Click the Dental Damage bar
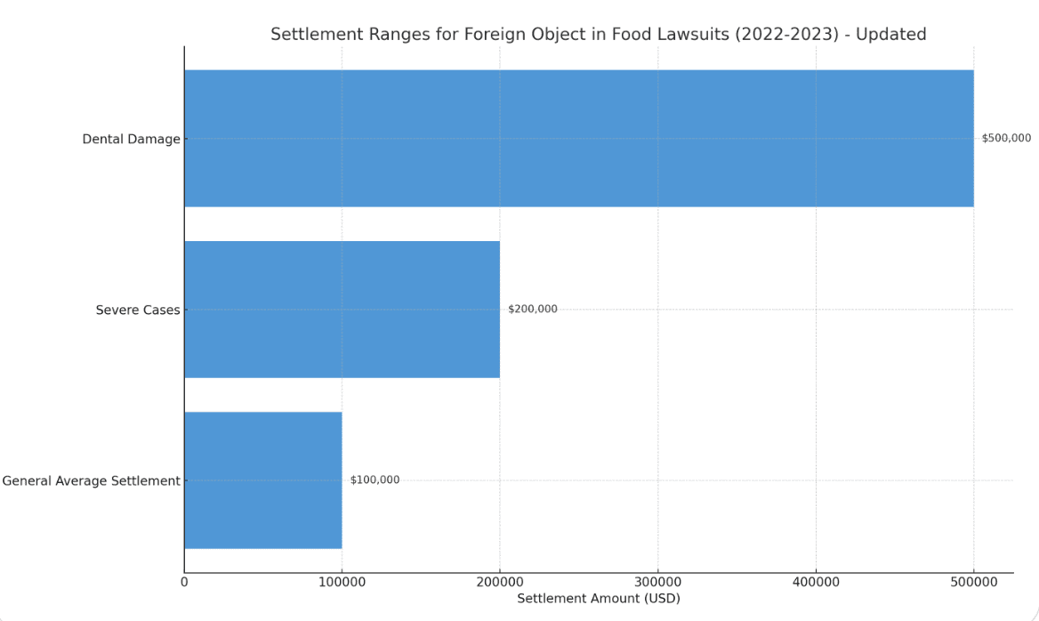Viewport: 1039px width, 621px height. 579,139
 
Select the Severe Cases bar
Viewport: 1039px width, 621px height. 342,310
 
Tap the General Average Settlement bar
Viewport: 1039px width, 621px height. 263,480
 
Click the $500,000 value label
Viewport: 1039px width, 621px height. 1007,138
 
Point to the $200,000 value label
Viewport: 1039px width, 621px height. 533,309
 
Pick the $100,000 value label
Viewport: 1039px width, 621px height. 375,480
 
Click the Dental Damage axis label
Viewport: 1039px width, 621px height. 131,139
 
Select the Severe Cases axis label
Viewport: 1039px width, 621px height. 138,310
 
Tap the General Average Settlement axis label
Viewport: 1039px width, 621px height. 91,481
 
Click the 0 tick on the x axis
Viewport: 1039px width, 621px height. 184,582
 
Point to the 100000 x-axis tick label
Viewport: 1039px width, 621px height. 342,582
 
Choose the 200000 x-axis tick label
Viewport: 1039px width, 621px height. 500,582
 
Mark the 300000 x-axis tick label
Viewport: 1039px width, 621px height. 658,582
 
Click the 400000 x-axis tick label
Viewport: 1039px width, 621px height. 816,582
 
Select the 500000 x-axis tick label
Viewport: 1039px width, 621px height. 973,582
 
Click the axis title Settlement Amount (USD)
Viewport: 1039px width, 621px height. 599,599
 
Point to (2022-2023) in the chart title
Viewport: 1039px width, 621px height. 787,35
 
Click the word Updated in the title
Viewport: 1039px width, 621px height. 891,35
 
